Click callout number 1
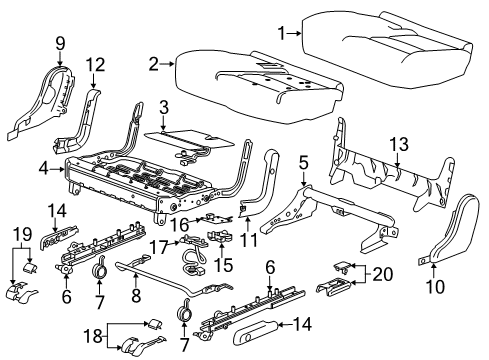point(282,33)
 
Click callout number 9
point(59,43)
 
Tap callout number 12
point(94,66)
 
